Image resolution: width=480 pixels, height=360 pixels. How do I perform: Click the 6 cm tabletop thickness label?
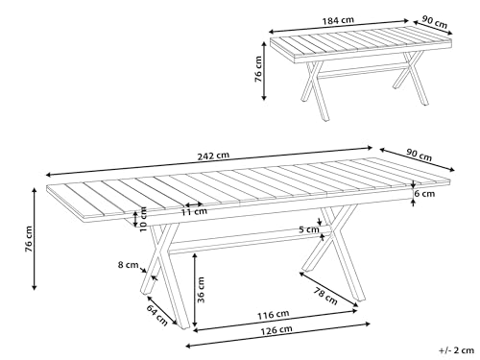click(424, 193)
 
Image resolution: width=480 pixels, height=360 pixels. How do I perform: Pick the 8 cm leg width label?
click(125, 264)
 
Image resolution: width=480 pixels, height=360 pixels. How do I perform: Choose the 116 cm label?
click(274, 314)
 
